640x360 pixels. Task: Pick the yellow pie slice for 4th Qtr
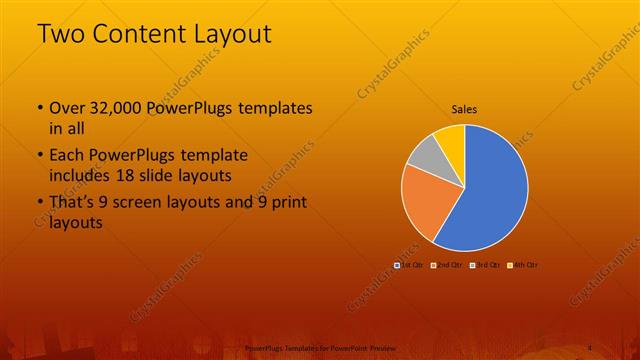coord(452,139)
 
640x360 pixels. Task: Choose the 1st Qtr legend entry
coord(409,264)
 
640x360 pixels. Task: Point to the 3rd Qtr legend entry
coord(485,264)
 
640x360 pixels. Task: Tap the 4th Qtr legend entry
coord(523,264)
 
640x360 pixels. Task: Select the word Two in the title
coord(60,33)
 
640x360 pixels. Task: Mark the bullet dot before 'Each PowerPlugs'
coord(39,157)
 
